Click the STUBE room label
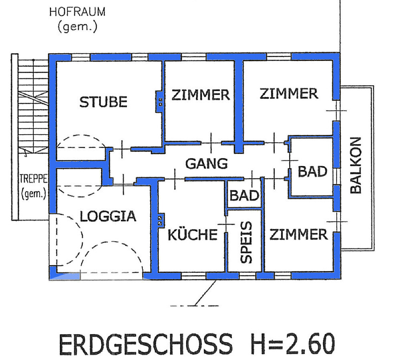103,102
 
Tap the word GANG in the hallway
207,164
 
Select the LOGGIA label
108,216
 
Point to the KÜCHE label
192,234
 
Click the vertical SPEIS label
246,242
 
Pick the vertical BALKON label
356,165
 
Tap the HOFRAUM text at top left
77,12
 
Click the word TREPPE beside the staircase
33,179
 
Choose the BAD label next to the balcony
313,172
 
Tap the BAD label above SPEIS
244,196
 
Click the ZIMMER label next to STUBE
201,95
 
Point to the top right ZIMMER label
289,94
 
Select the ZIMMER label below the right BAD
299,235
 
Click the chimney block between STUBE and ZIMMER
159,102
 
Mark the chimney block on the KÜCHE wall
160,221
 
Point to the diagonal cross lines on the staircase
33,98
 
